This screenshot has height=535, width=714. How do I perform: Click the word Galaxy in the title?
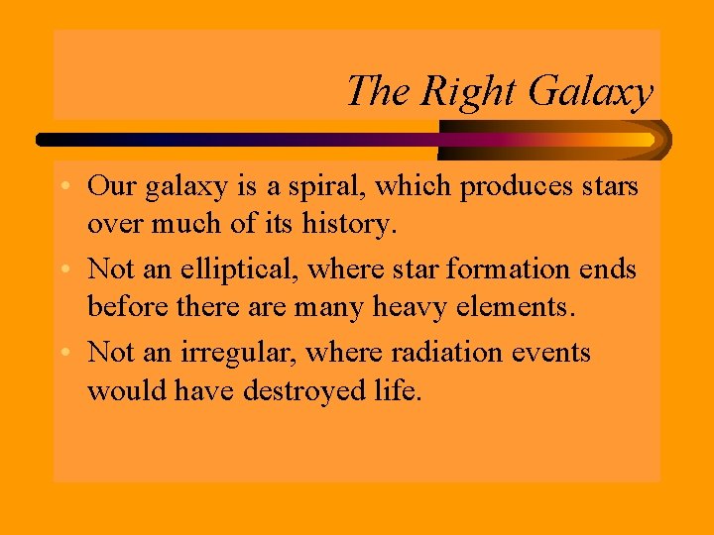click(590, 92)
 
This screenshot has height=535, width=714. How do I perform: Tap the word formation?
click(515, 269)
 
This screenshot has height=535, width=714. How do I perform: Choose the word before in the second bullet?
click(125, 307)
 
